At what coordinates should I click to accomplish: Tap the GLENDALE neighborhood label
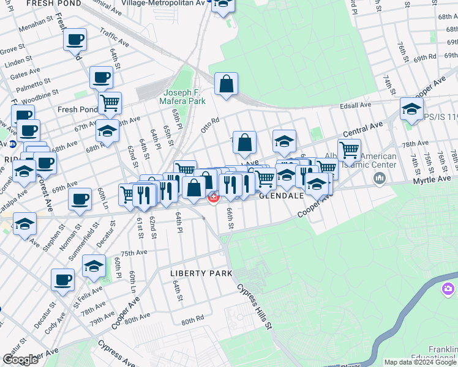[x=281, y=196]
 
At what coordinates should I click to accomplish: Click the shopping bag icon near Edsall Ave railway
[x=226, y=84]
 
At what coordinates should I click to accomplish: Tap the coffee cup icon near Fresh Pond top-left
[x=75, y=40]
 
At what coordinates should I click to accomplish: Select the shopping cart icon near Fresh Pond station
[x=110, y=103]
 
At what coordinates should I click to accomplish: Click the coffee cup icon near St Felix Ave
[x=62, y=280]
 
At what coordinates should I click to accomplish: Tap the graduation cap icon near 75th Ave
[x=94, y=265]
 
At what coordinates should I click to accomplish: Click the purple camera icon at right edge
[x=448, y=287]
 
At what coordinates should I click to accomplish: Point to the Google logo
[x=21, y=360]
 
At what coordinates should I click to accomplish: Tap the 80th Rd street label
[x=192, y=320]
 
